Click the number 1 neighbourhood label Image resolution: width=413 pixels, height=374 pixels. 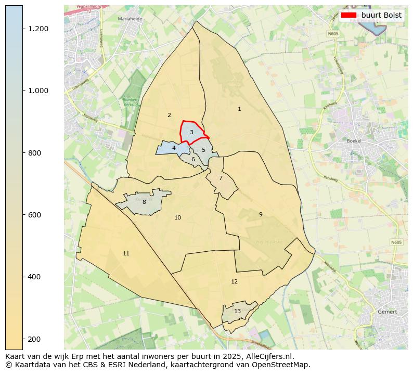[239, 109]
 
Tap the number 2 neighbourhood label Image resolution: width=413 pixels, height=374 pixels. [169, 115]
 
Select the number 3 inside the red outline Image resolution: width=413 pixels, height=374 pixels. [191, 132]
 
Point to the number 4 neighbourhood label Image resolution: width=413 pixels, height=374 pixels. [174, 148]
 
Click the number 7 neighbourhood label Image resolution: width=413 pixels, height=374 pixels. [221, 178]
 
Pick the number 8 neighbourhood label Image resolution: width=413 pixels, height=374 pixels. [144, 202]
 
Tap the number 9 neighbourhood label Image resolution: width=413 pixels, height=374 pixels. [261, 214]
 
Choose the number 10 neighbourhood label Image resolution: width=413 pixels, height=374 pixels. [177, 217]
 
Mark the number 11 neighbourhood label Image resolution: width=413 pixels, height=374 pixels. [126, 253]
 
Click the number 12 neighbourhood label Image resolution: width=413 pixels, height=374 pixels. [234, 281]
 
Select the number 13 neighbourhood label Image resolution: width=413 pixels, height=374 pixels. [237, 311]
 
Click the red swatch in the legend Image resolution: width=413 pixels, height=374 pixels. [349, 16]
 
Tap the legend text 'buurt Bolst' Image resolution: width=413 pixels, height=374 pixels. [381, 16]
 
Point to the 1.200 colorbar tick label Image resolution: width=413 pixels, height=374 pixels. [38, 29]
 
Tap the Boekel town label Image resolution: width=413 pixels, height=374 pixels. [354, 141]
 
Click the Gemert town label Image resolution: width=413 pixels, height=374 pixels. [388, 312]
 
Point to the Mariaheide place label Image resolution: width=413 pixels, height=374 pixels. [130, 19]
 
